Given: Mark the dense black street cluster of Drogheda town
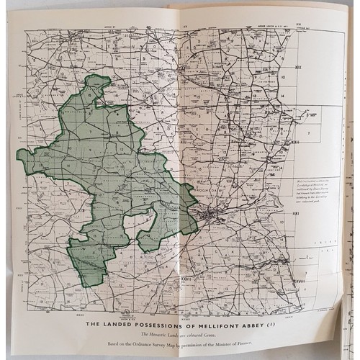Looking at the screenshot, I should tap(210, 214).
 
